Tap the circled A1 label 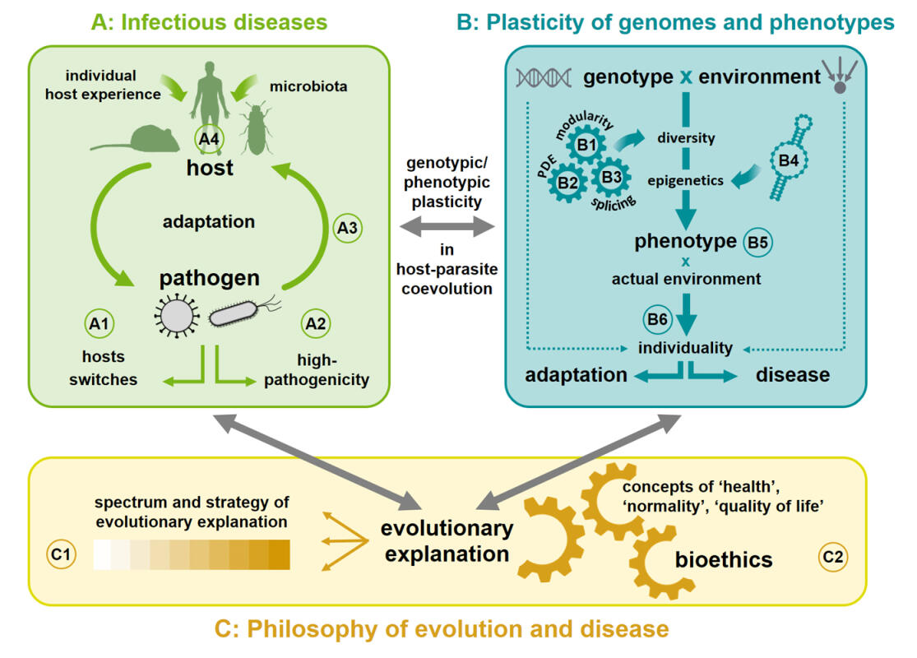98,323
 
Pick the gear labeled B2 567,183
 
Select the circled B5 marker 757,242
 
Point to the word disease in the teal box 792,374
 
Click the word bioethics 724,559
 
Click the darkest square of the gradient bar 280,554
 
